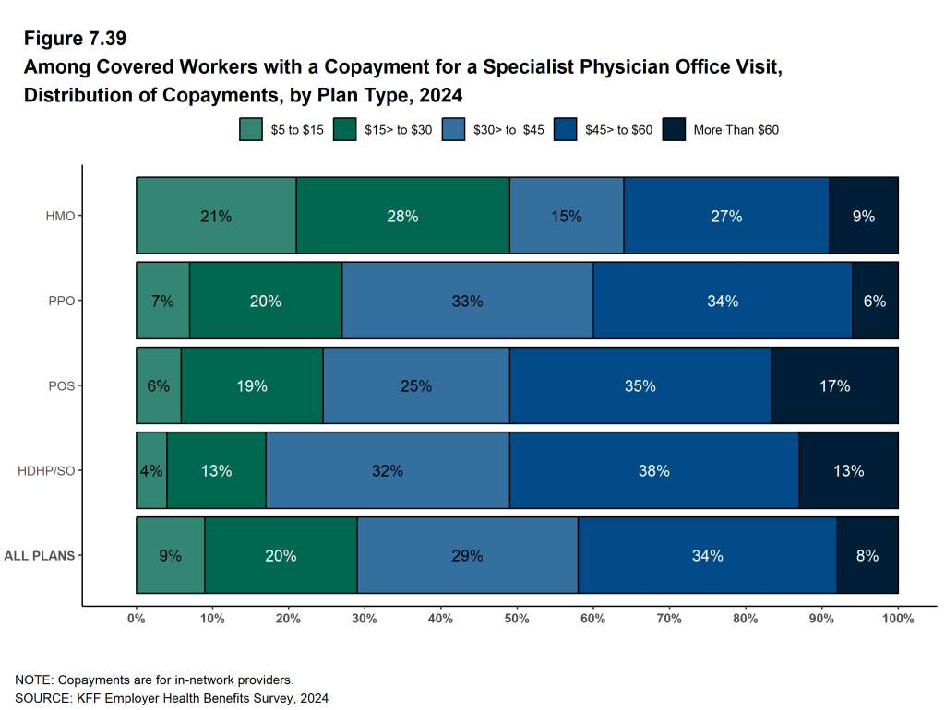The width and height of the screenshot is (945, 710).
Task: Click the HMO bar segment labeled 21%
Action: point(216,215)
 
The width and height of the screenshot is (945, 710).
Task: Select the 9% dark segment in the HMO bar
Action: point(864,215)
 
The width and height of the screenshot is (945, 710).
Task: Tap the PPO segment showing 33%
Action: point(467,301)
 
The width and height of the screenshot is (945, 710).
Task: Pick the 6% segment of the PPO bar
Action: point(875,301)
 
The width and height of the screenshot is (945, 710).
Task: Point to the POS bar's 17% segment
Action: point(834,385)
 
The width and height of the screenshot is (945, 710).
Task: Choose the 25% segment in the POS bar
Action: point(416,385)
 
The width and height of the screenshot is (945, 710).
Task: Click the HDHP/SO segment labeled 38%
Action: point(654,470)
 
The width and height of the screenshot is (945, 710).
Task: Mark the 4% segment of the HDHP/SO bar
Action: point(151,470)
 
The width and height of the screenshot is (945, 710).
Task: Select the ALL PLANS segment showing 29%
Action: point(468,555)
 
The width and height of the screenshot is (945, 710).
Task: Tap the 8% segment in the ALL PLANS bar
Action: point(867,555)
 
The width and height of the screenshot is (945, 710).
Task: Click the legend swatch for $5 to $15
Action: point(251,130)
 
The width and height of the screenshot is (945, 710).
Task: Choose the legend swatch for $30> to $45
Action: point(454,130)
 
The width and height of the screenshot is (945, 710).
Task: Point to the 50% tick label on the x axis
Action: point(517,619)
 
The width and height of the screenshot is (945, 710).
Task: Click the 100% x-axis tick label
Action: point(898,619)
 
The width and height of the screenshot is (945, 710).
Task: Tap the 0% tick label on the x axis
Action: point(137,619)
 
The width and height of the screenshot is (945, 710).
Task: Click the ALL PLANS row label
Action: point(40,556)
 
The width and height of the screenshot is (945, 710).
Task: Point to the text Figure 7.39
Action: point(76,40)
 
